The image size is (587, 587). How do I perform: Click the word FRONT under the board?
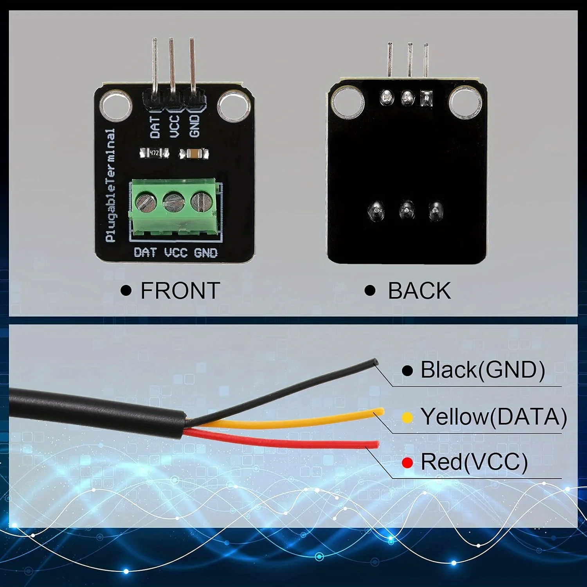click(180, 291)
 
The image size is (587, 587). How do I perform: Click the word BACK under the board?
click(419, 291)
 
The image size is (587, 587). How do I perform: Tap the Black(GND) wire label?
click(482, 370)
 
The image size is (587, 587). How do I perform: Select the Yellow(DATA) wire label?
click(493, 416)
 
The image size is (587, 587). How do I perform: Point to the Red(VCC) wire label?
click(474, 462)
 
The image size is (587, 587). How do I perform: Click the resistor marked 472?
click(154, 153)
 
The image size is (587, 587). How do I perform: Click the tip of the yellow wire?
click(380, 412)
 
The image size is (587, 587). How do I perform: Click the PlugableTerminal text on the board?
click(111, 185)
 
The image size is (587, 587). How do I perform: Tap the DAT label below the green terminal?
click(145, 252)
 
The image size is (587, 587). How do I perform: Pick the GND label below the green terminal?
click(205, 253)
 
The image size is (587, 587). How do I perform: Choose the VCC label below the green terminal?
click(176, 253)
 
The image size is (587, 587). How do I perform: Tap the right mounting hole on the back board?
click(465, 102)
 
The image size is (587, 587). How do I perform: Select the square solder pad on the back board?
click(426, 98)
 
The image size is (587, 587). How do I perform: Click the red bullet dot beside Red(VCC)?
click(407, 463)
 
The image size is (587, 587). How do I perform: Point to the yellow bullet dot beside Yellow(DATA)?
click(407, 418)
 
